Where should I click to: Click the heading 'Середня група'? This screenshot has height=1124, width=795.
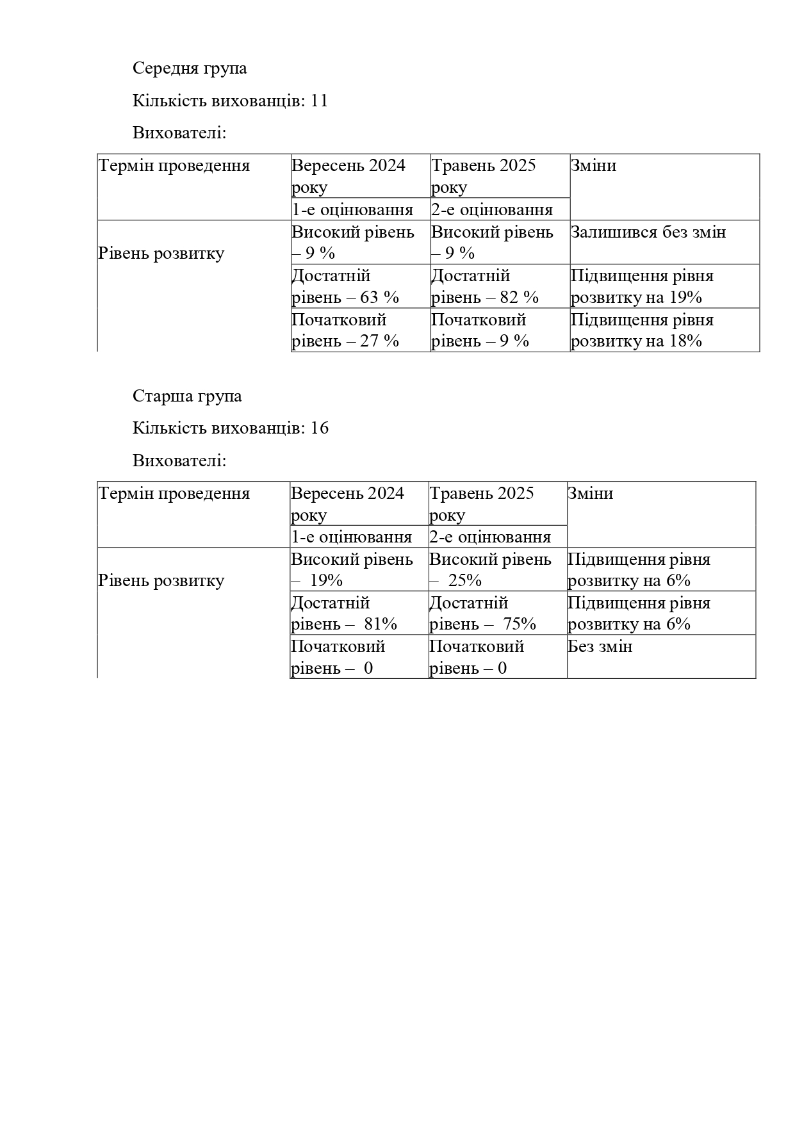pyautogui.click(x=190, y=69)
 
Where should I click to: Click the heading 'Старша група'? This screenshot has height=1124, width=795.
pyautogui.click(x=187, y=396)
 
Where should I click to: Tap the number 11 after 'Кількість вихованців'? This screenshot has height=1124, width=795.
pyautogui.click(x=319, y=101)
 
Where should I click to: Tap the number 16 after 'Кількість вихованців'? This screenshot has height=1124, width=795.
pyautogui.click(x=319, y=428)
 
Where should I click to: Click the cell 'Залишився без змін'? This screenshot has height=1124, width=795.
pyautogui.click(x=648, y=232)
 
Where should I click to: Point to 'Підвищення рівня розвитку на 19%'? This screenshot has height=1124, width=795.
pyautogui.click(x=642, y=286)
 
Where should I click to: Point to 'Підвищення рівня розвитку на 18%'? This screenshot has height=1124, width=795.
pyautogui.click(x=642, y=330)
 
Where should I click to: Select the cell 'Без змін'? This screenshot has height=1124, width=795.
pyautogui.click(x=600, y=647)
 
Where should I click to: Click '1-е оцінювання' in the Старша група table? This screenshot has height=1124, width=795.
pyautogui.click(x=351, y=537)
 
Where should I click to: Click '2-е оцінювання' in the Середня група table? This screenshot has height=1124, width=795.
pyautogui.click(x=491, y=209)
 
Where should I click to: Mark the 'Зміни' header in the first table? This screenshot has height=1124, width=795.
pyautogui.click(x=593, y=166)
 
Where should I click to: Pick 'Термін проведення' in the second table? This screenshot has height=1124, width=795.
pyautogui.click(x=174, y=494)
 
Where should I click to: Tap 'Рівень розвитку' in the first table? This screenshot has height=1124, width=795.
pyautogui.click(x=161, y=254)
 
